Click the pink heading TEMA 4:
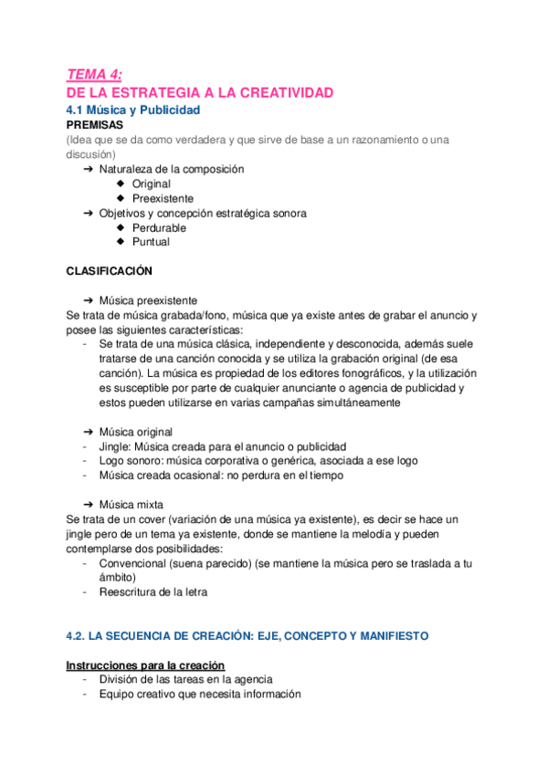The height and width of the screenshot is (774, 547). click(94, 76)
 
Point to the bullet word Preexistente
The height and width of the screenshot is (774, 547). click(163, 198)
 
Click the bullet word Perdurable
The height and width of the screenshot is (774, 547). click(159, 227)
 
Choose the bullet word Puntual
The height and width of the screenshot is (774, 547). click(151, 242)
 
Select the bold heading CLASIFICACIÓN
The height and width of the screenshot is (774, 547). click(110, 271)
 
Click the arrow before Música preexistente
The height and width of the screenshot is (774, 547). click(89, 300)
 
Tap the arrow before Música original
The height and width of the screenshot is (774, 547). click(89, 432)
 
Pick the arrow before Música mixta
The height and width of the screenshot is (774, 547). click(89, 505)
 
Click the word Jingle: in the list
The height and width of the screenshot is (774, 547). click(118, 446)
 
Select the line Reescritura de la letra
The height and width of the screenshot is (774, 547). click(153, 592)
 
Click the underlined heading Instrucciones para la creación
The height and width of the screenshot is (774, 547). click(146, 664)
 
